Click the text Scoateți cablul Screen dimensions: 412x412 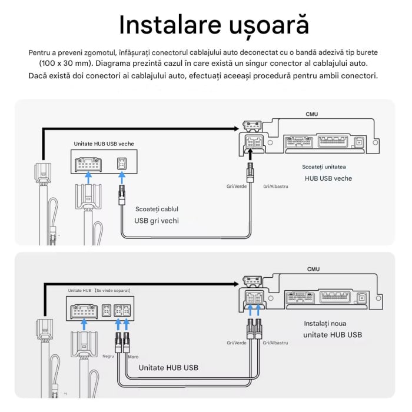point(156,209)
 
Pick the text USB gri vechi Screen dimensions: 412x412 point(156,221)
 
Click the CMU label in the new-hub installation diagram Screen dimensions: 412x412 point(313,269)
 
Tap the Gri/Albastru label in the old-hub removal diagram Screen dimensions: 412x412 point(275,186)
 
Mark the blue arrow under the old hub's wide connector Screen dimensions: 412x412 point(88,175)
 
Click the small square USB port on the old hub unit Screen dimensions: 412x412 point(122,164)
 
